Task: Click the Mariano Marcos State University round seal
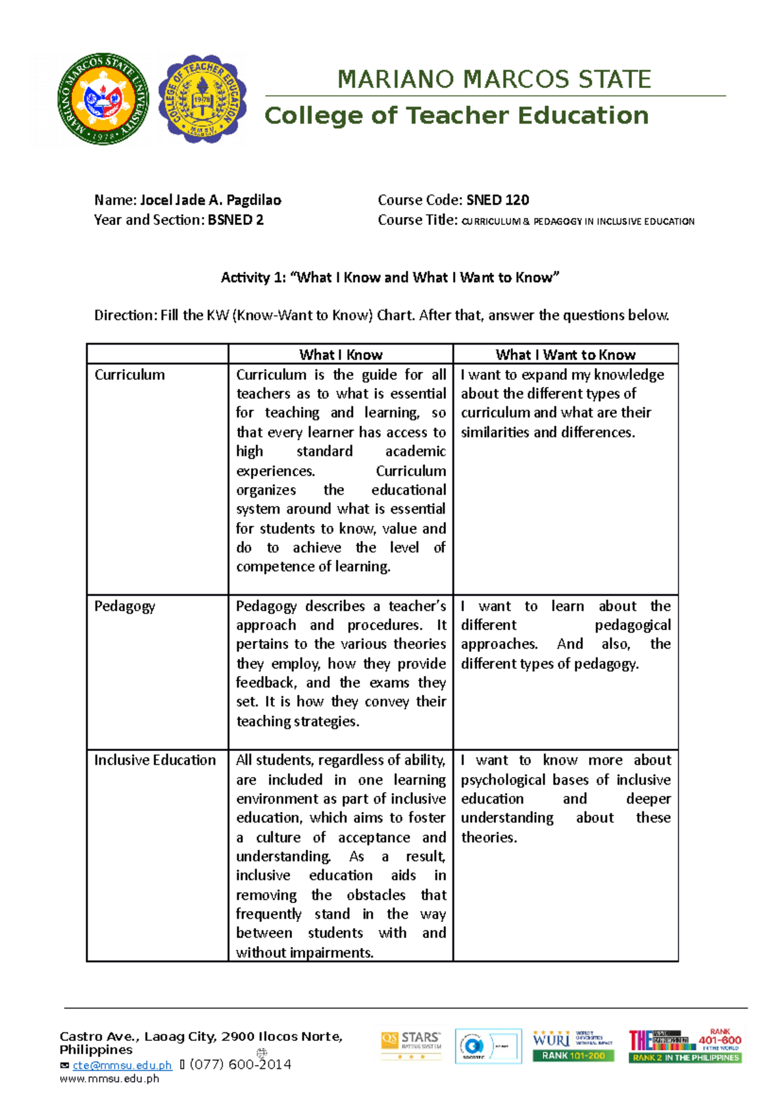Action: pos(103,99)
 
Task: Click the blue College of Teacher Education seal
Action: pos(202,99)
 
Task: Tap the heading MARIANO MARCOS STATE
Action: pos(494,79)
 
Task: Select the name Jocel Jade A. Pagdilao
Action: pos(211,200)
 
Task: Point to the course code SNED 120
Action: pos(498,200)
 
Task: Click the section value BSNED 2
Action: pos(235,220)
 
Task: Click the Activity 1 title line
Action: pos(390,278)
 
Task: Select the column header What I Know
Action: pos(341,354)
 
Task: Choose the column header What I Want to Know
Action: pos(565,354)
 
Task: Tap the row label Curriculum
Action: pos(129,375)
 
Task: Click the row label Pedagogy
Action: pos(125,607)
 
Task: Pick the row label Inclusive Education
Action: pos(155,760)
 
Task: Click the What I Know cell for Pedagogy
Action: pos(341,663)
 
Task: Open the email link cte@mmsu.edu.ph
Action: pos(122,1065)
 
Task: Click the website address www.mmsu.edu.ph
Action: pos(109,1079)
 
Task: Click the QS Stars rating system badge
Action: pos(411,1044)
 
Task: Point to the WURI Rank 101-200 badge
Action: pos(572,1045)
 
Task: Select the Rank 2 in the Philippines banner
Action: pos(685,1058)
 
